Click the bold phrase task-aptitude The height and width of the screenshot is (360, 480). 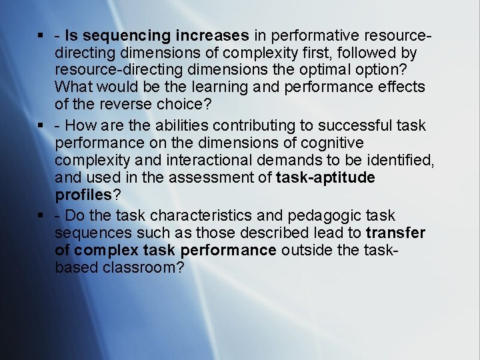coord(325,177)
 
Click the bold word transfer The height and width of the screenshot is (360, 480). coord(396,233)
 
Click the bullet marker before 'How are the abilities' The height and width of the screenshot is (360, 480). coord(41,125)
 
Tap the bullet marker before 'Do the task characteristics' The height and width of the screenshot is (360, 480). coord(41,216)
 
